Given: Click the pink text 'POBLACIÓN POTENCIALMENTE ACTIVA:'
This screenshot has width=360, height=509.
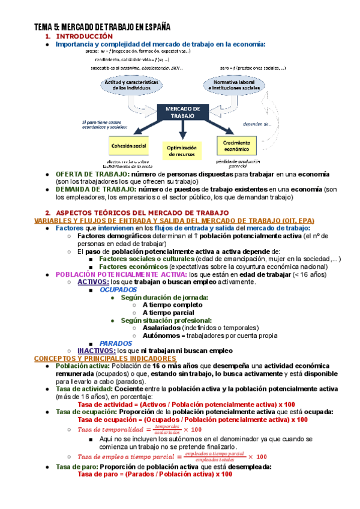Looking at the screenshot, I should (x=120, y=274).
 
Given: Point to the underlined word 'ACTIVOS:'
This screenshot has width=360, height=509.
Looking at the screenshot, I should (x=94, y=282).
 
